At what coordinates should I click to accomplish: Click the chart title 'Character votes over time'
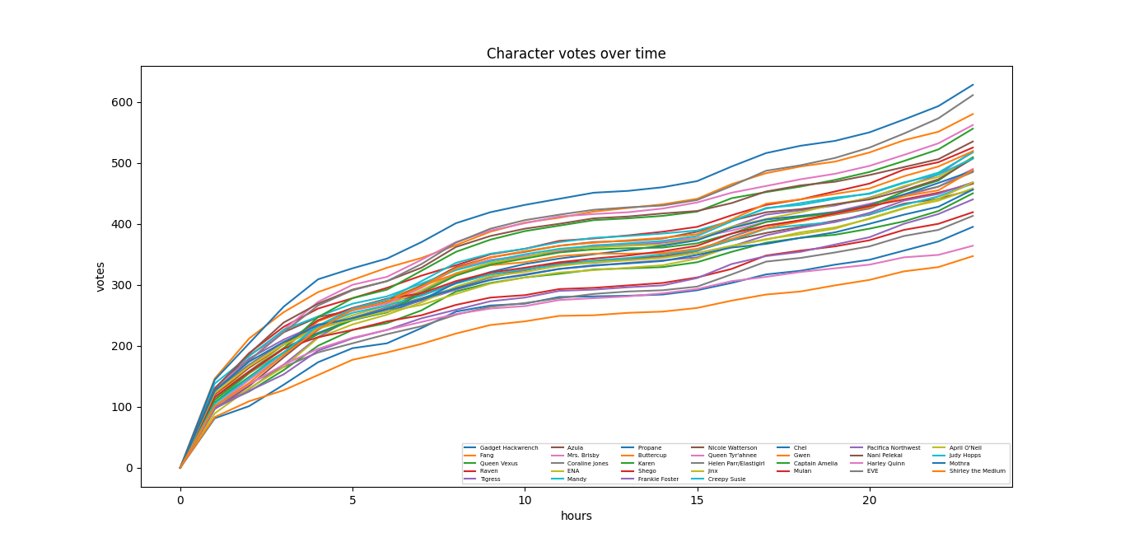coord(576,54)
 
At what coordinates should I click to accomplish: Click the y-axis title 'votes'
coord(100,277)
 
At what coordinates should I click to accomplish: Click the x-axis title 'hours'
coord(576,517)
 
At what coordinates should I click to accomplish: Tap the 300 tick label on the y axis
coord(124,285)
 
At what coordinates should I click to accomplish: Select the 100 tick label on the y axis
coord(124,407)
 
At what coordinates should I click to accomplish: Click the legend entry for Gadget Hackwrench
coord(502,448)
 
